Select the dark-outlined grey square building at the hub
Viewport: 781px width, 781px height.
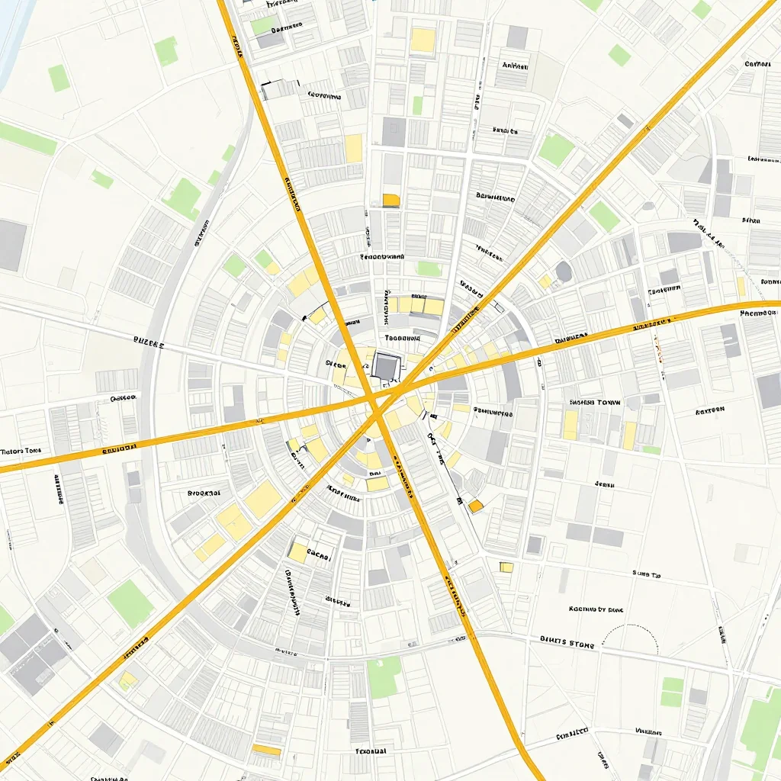pyautogui.click(x=385, y=366)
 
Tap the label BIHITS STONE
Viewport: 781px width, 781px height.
pyautogui.click(x=567, y=641)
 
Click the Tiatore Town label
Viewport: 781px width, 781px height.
pyautogui.click(x=21, y=451)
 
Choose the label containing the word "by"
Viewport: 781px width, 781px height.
pyautogui.click(x=596, y=609)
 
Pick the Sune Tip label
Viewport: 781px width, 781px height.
pyautogui.click(x=645, y=574)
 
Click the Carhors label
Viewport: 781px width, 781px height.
pyautogui.click(x=757, y=64)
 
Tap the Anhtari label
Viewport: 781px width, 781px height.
pyautogui.click(x=516, y=66)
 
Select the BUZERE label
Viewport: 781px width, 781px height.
pyautogui.click(x=148, y=344)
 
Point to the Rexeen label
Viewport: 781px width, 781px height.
pyautogui.click(x=709, y=410)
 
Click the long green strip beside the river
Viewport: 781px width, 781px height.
pyautogui.click(x=27, y=138)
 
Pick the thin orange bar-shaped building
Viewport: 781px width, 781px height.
pyautogui.click(x=267, y=750)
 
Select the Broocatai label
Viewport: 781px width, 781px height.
pyautogui.click(x=204, y=493)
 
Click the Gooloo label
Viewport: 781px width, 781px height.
pyautogui.click(x=122, y=397)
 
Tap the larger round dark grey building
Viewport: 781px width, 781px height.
pyautogui.click(x=563, y=272)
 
